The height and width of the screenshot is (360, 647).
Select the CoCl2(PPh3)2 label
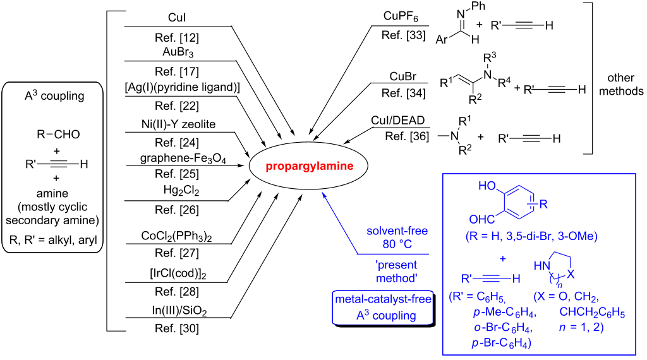coord(176,235)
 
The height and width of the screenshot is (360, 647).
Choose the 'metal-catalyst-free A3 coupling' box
coord(384,307)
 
